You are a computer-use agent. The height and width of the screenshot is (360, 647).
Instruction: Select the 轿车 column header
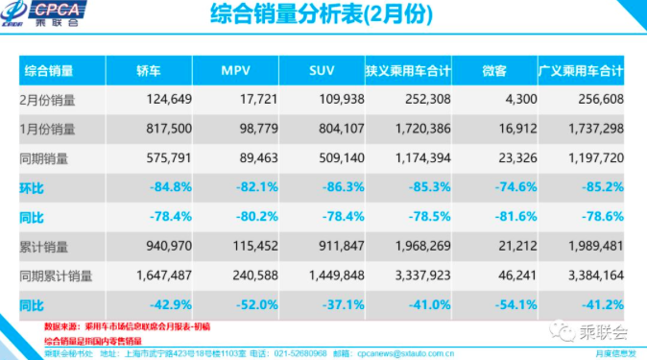click(x=149, y=71)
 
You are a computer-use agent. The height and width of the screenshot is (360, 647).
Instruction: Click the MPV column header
click(x=235, y=71)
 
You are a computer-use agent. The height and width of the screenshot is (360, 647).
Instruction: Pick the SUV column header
click(x=322, y=71)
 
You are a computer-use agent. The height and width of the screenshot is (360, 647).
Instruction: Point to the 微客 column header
click(x=494, y=71)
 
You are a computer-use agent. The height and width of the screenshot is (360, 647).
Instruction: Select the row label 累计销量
click(x=45, y=248)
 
